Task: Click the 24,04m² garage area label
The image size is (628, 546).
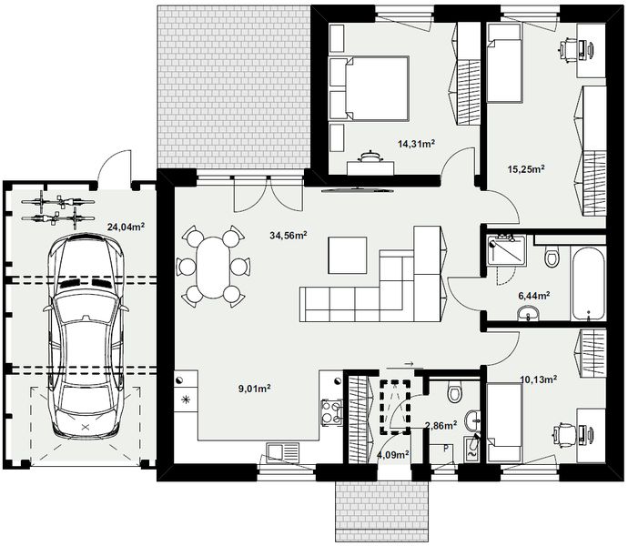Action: point(126,227)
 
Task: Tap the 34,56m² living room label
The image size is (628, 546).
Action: point(289,235)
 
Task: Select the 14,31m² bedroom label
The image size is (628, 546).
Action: point(417,143)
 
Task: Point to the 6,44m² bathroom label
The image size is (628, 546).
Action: point(534,296)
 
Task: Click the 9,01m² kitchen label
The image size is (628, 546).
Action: point(255,389)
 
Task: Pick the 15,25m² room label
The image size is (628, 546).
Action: point(526,168)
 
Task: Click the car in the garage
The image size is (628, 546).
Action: point(86,336)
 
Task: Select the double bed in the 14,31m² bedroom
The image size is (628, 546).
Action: point(369,88)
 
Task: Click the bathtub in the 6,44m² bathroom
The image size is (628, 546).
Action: point(588,284)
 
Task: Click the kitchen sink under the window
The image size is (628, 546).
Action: point(283,452)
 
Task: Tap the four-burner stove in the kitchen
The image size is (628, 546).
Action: point(331,412)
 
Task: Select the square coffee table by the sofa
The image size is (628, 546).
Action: point(348,255)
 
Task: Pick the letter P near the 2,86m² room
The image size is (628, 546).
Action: point(446,449)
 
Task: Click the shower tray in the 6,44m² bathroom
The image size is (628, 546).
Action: point(506,250)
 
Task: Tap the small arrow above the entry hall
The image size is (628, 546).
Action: point(409,364)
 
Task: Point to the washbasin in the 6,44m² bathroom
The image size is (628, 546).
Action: point(529,313)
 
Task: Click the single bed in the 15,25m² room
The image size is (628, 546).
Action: point(504,62)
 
